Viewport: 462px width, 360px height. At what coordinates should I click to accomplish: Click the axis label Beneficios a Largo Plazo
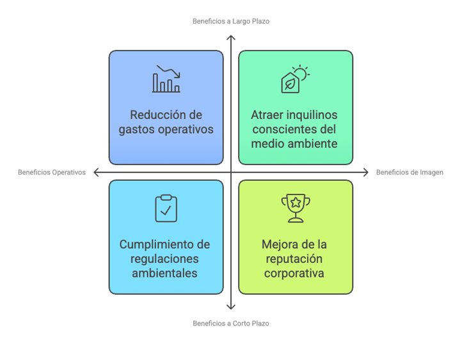point(231,21)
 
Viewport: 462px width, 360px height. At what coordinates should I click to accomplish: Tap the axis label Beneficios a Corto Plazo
point(231,323)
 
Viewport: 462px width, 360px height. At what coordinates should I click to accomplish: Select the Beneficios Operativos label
point(52,172)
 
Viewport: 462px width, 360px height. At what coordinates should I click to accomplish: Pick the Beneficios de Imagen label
point(410,172)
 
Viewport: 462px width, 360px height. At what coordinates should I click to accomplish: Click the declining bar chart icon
point(166,79)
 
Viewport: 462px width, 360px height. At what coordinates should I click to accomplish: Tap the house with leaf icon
point(295,79)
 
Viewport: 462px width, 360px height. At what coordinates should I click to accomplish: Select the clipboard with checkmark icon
point(166,208)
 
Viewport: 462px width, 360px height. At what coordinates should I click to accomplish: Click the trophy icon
point(296,208)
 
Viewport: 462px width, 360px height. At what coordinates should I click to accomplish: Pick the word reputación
point(294,259)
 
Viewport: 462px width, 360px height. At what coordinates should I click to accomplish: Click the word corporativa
point(294,274)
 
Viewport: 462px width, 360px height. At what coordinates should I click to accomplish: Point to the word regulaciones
point(164,259)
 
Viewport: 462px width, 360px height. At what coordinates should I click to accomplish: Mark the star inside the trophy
point(296,203)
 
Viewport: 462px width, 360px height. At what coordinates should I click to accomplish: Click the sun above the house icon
point(302,73)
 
